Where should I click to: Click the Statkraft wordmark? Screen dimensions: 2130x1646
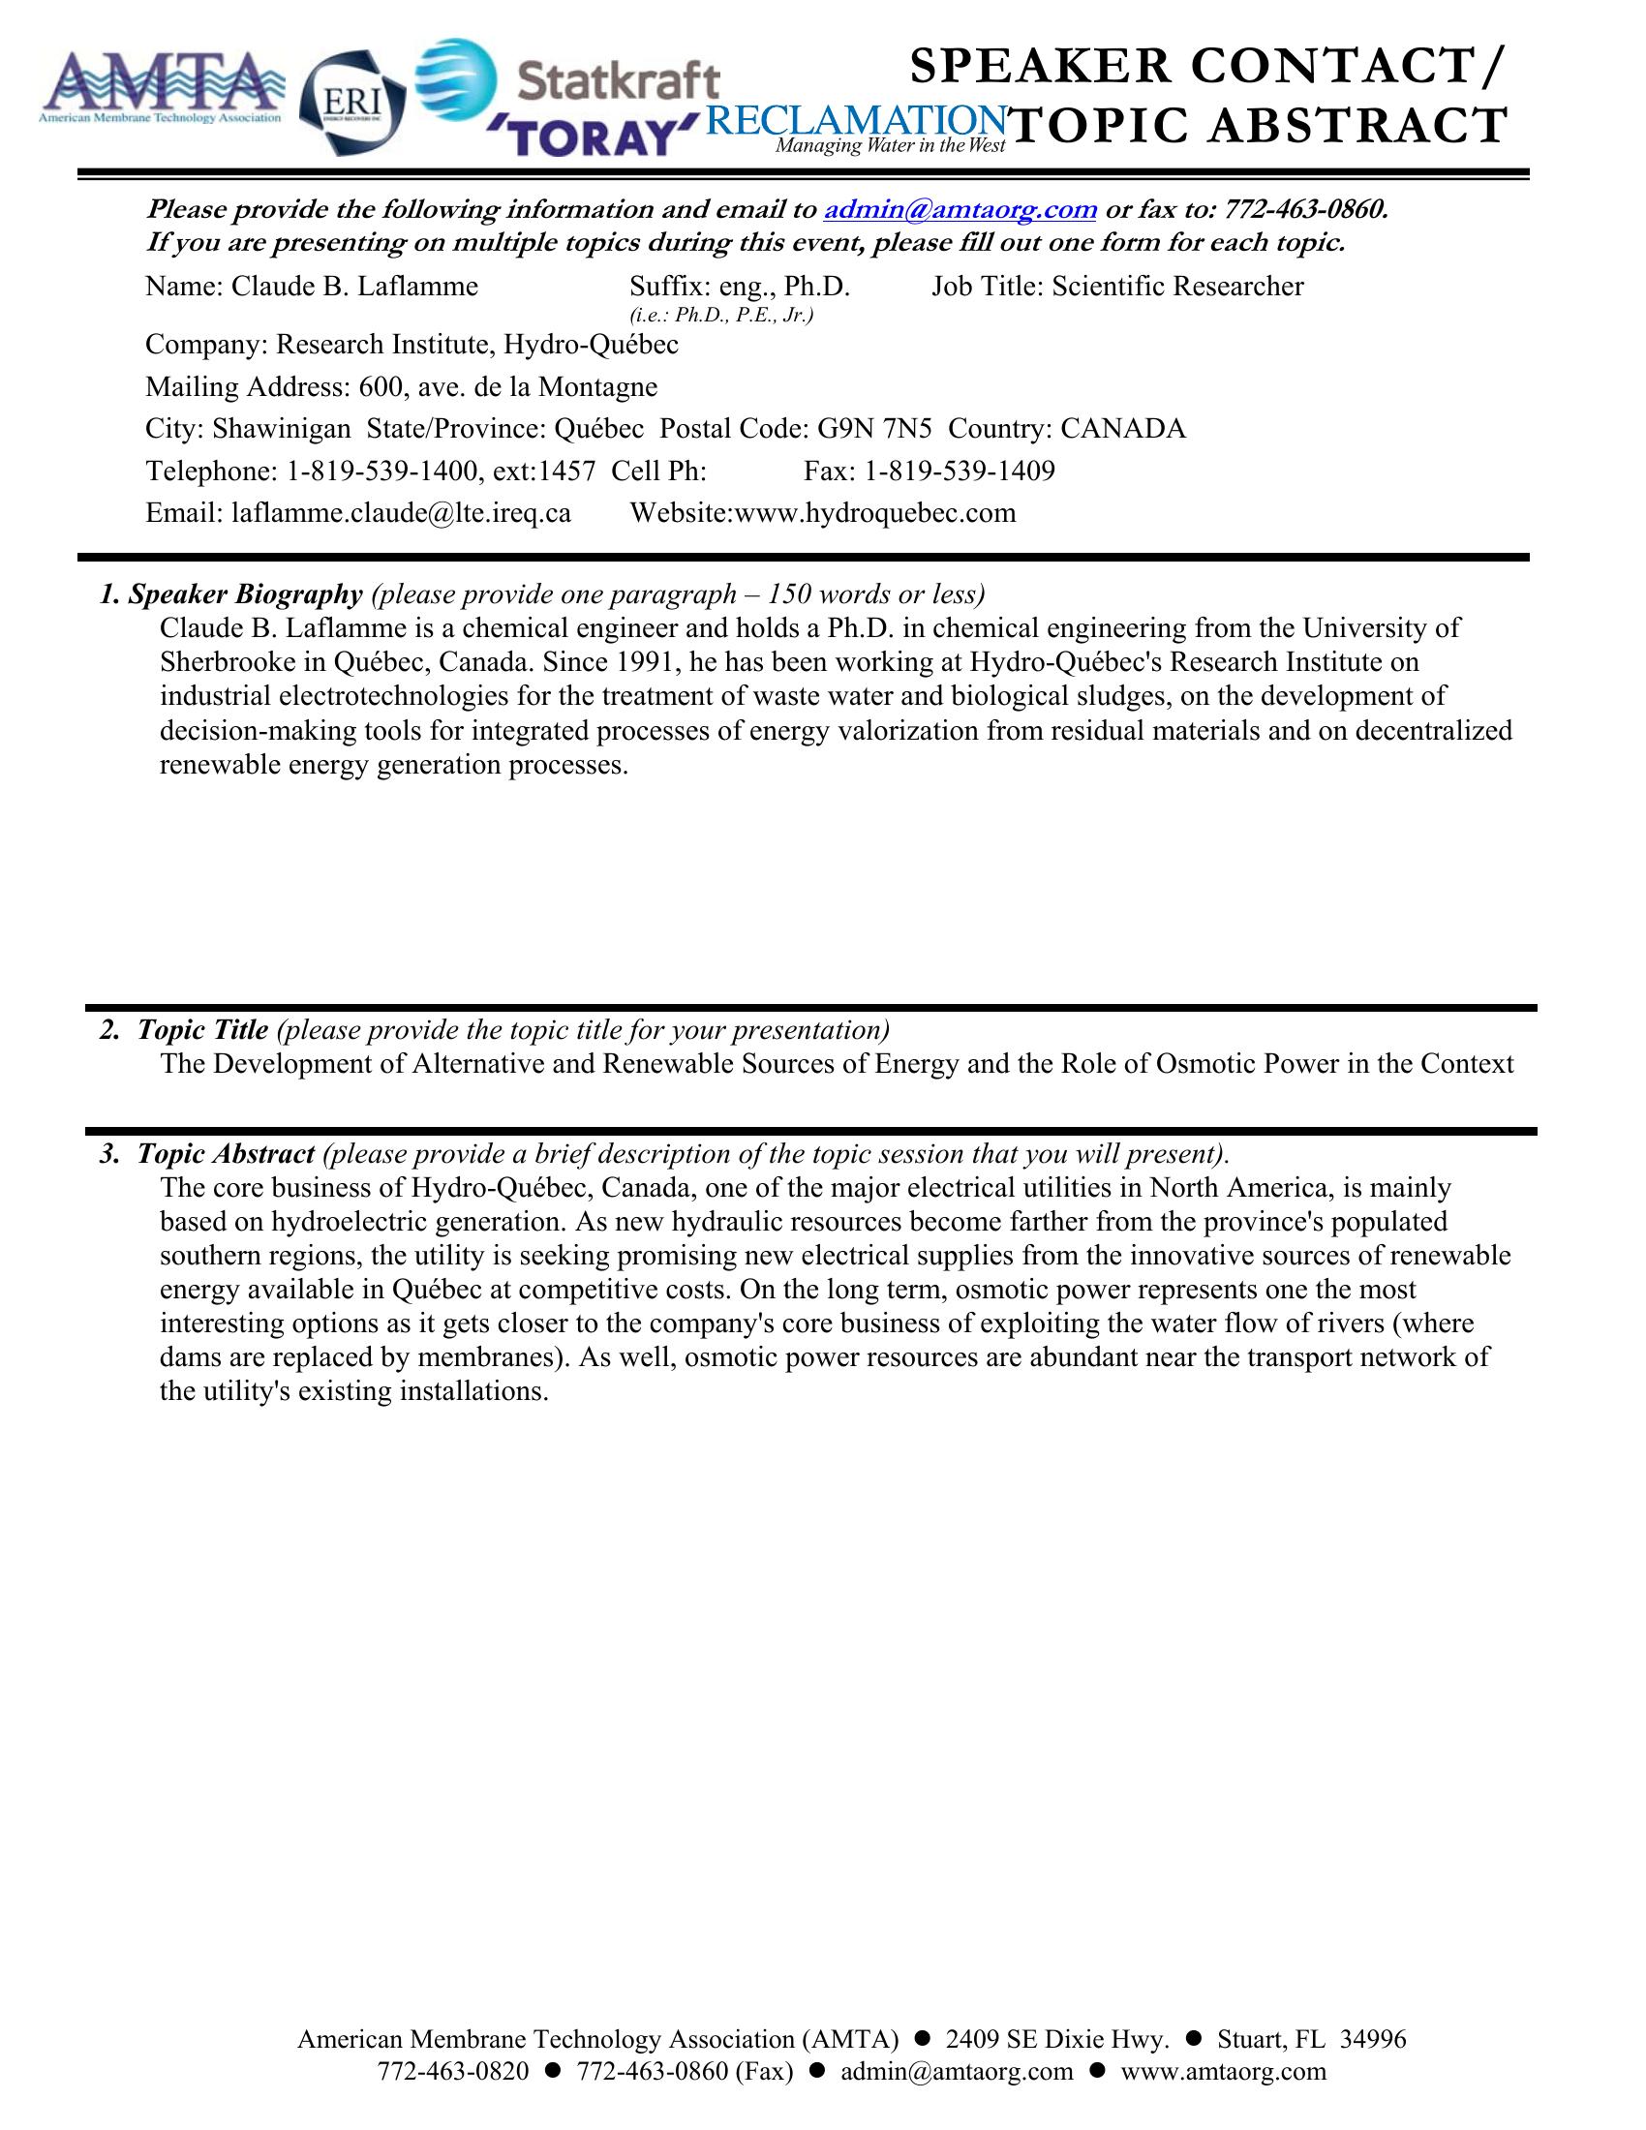619,80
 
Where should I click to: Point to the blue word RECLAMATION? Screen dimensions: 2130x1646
854,121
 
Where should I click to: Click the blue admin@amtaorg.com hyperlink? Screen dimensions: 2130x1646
960,210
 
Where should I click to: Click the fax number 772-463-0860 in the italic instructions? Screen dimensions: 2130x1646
1304,210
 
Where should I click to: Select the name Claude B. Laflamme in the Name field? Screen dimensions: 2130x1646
355,287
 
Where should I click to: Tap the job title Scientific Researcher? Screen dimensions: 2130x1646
1177,287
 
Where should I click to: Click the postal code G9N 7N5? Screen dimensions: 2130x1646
874,429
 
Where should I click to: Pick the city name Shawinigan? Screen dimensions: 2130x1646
282,429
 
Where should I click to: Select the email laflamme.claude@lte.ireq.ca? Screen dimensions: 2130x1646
401,514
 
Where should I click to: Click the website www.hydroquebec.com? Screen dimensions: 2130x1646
874,514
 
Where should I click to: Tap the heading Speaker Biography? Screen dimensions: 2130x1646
245,594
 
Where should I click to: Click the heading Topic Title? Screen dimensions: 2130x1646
202,1031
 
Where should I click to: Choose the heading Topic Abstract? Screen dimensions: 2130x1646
226,1155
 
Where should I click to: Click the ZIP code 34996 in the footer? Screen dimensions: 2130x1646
1373,2039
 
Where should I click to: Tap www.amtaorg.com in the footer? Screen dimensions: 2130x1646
1224,2072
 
